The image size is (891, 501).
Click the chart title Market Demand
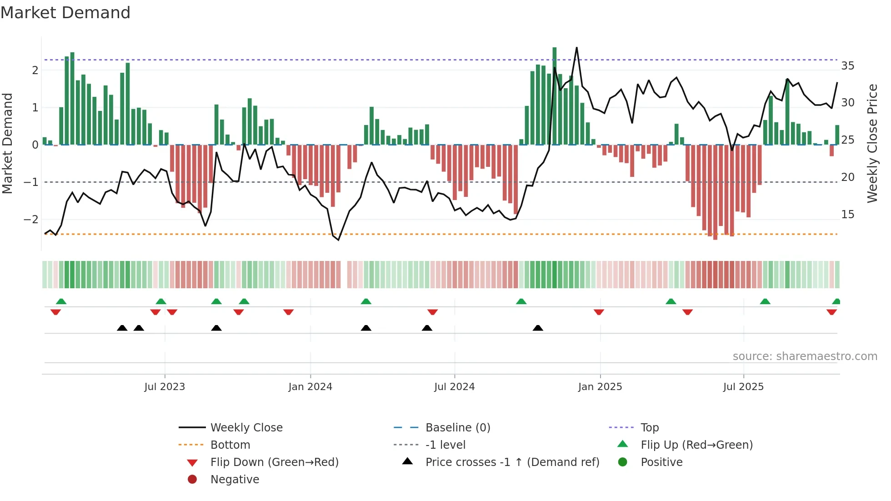click(65, 13)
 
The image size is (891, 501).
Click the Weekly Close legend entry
click(246, 427)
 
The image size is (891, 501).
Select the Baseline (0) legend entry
click(457, 427)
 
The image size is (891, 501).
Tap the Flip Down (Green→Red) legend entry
click(274, 462)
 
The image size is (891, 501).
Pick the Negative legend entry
click(235, 479)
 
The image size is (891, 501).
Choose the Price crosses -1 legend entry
click(512, 462)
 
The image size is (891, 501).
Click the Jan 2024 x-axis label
click(310, 386)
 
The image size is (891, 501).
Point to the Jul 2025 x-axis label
click(743, 386)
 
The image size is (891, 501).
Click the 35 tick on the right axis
click(847, 66)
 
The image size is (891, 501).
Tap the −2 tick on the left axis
click(31, 219)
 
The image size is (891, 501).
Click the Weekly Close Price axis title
click(872, 143)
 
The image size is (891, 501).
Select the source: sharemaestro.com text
click(805, 356)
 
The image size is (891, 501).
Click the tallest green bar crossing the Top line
click(554, 95)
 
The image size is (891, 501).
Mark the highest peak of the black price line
click(576, 48)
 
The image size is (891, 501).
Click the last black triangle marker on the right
click(538, 328)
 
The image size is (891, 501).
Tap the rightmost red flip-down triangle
click(831, 312)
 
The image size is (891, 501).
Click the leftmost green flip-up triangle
click(61, 301)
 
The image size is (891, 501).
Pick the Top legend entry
click(649, 427)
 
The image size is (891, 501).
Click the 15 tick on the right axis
click(847, 214)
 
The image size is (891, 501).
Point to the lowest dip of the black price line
click(338, 240)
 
